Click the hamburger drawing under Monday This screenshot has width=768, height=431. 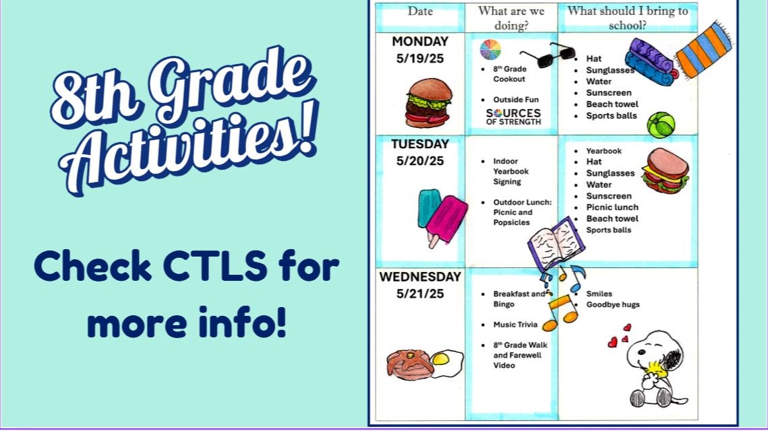[428, 103]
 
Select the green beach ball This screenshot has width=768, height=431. [660, 125]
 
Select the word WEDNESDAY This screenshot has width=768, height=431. [419, 277]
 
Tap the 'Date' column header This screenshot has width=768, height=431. [420, 11]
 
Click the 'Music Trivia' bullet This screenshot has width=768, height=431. [515, 325]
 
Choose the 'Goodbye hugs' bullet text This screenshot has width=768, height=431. [612, 304]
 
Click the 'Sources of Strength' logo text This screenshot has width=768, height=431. [513, 117]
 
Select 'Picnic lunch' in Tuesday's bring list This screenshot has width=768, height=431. [612, 207]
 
